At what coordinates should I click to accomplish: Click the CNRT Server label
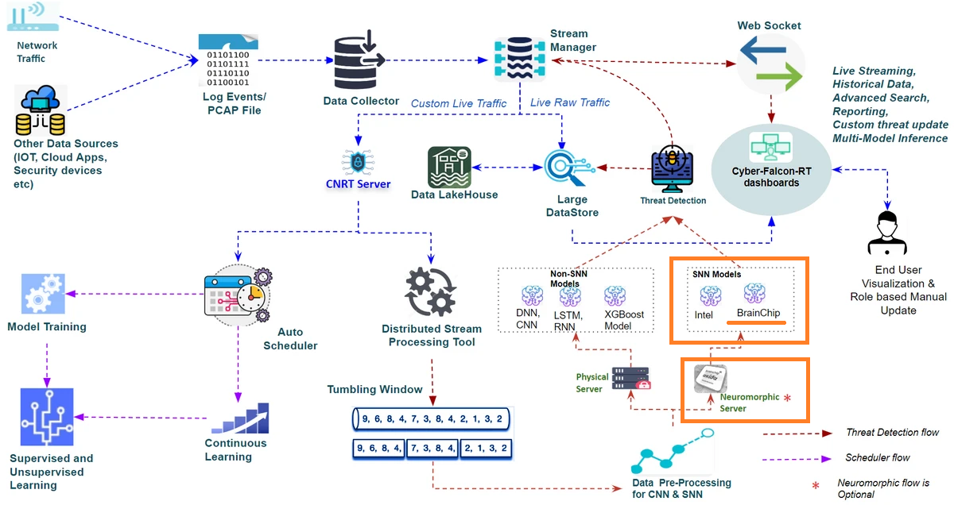point(358,184)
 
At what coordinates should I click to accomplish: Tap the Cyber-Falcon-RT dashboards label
point(770,176)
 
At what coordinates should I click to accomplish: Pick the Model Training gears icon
point(45,295)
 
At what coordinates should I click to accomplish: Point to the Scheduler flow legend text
point(877,458)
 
